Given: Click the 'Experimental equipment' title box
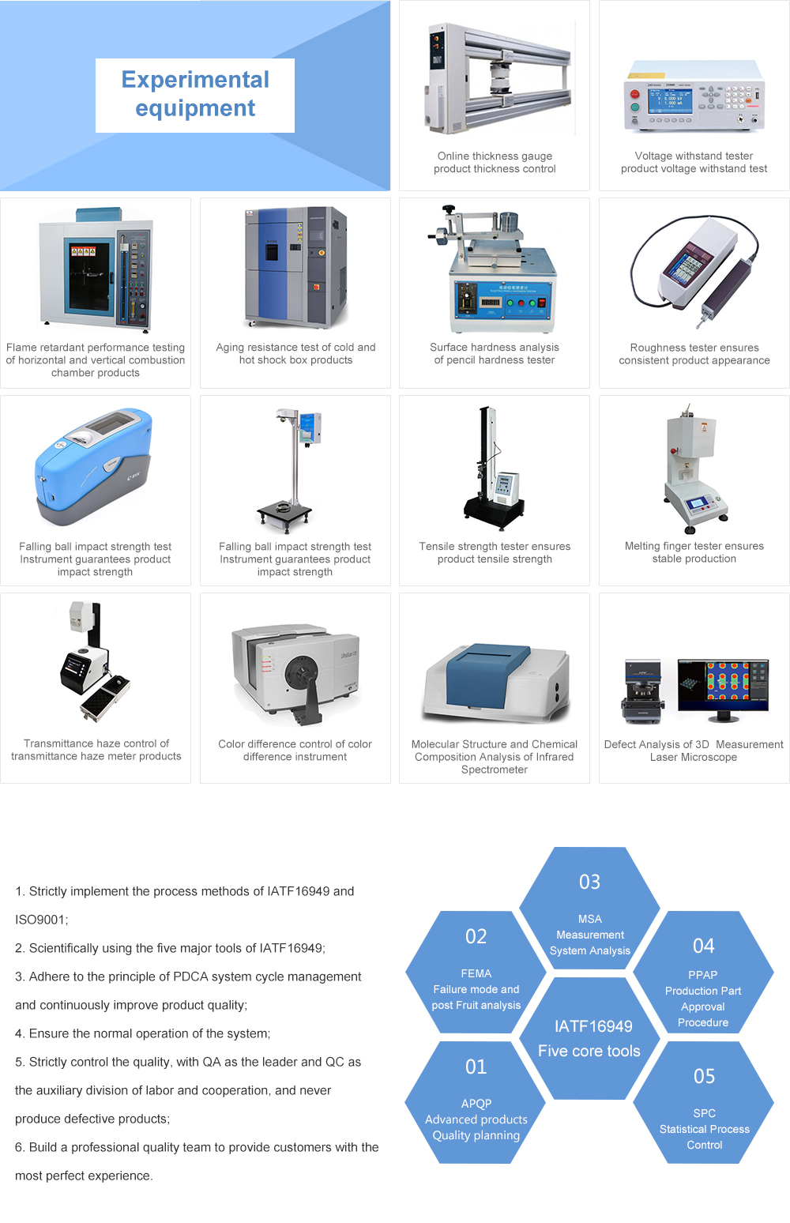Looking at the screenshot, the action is (x=195, y=96).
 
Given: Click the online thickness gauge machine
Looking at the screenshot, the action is (x=498, y=78).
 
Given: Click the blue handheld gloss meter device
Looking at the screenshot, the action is (x=93, y=466).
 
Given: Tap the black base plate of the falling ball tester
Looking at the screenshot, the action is (x=284, y=513).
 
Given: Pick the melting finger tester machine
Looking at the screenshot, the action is (x=694, y=469).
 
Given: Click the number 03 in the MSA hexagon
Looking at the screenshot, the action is (x=589, y=882).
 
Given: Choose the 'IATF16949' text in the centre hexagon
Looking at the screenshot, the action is (x=593, y=1026).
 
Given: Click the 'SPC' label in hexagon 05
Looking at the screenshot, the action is (x=704, y=1113).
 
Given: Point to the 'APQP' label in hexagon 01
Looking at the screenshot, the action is (x=476, y=1104).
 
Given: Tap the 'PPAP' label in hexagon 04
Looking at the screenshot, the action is (x=702, y=975).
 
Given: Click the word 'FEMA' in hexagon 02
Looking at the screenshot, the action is (x=476, y=973).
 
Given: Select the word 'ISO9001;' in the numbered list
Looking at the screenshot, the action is (x=42, y=920).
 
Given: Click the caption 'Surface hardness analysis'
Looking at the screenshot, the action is (x=494, y=348).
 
